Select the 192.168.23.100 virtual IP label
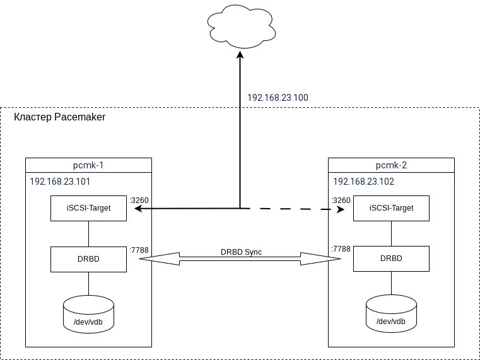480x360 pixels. tap(278, 98)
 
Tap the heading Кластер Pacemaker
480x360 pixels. tap(59, 117)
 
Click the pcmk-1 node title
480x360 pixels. tap(88, 165)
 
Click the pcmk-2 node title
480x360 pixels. tap(391, 165)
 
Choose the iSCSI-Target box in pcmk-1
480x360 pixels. tap(88, 208)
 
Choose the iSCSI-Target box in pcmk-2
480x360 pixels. tap(391, 208)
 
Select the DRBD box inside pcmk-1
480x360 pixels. tap(88, 258)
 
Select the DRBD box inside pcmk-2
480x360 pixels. tap(391, 258)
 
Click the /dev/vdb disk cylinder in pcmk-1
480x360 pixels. tap(88, 315)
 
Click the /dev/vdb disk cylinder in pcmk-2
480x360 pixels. tap(391, 315)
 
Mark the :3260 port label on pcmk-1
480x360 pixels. tap(139, 200)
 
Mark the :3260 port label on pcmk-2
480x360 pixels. tap(341, 200)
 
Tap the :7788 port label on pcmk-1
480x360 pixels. tap(139, 250)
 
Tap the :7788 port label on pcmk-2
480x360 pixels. tap(341, 250)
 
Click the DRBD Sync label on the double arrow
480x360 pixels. tap(241, 252)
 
